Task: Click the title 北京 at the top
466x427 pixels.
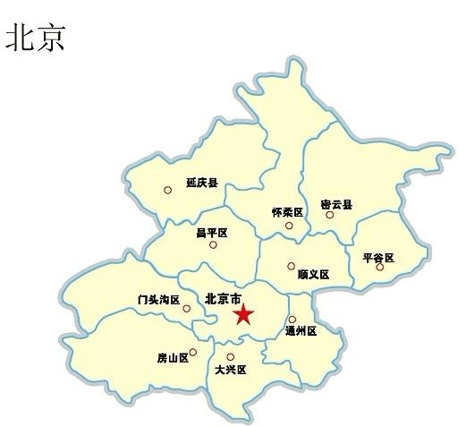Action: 36,38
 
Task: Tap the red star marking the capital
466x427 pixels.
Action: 243,314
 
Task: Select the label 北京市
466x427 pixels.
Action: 224,299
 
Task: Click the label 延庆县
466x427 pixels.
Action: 202,183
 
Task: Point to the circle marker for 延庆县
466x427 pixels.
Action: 167,190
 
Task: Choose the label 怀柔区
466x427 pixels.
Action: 288,212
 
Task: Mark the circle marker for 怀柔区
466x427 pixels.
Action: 289,226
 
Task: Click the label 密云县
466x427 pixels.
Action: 336,204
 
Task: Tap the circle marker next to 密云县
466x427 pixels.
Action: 329,215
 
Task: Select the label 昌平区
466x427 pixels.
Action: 213,233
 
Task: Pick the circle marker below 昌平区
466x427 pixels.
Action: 213,244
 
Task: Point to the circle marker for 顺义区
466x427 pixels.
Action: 291,266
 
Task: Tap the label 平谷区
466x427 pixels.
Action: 378,257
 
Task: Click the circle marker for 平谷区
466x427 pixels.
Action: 380,267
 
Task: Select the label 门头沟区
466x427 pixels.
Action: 159,300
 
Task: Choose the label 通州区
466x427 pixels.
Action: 301,330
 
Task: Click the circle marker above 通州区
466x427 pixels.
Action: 292,320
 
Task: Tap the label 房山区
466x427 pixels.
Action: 173,358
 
